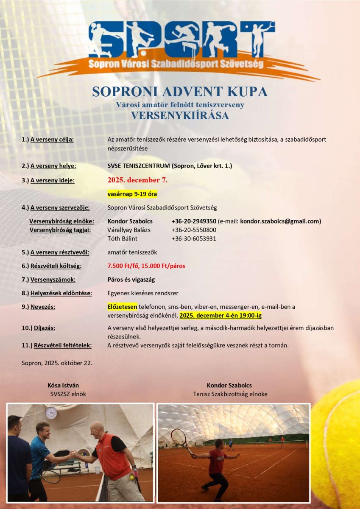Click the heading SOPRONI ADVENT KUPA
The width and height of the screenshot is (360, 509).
180,92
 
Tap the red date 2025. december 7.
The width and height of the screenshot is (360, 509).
137,180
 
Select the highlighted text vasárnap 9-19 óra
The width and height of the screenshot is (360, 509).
132,194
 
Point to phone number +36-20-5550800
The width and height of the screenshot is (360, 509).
194,230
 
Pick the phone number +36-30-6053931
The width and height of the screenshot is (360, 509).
194,238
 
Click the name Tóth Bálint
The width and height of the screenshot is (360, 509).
123,238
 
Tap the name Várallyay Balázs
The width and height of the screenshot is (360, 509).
129,230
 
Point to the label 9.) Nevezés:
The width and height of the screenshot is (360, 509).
40,307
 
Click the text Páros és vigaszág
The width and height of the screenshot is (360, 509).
131,280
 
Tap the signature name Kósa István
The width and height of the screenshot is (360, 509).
63,385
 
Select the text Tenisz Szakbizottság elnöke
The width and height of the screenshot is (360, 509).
230,394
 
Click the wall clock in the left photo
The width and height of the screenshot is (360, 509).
51,413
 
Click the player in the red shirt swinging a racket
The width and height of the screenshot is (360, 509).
217,464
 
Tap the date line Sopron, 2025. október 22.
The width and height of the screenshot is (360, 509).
57,363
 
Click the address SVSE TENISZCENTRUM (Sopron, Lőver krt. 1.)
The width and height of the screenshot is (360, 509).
170,166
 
